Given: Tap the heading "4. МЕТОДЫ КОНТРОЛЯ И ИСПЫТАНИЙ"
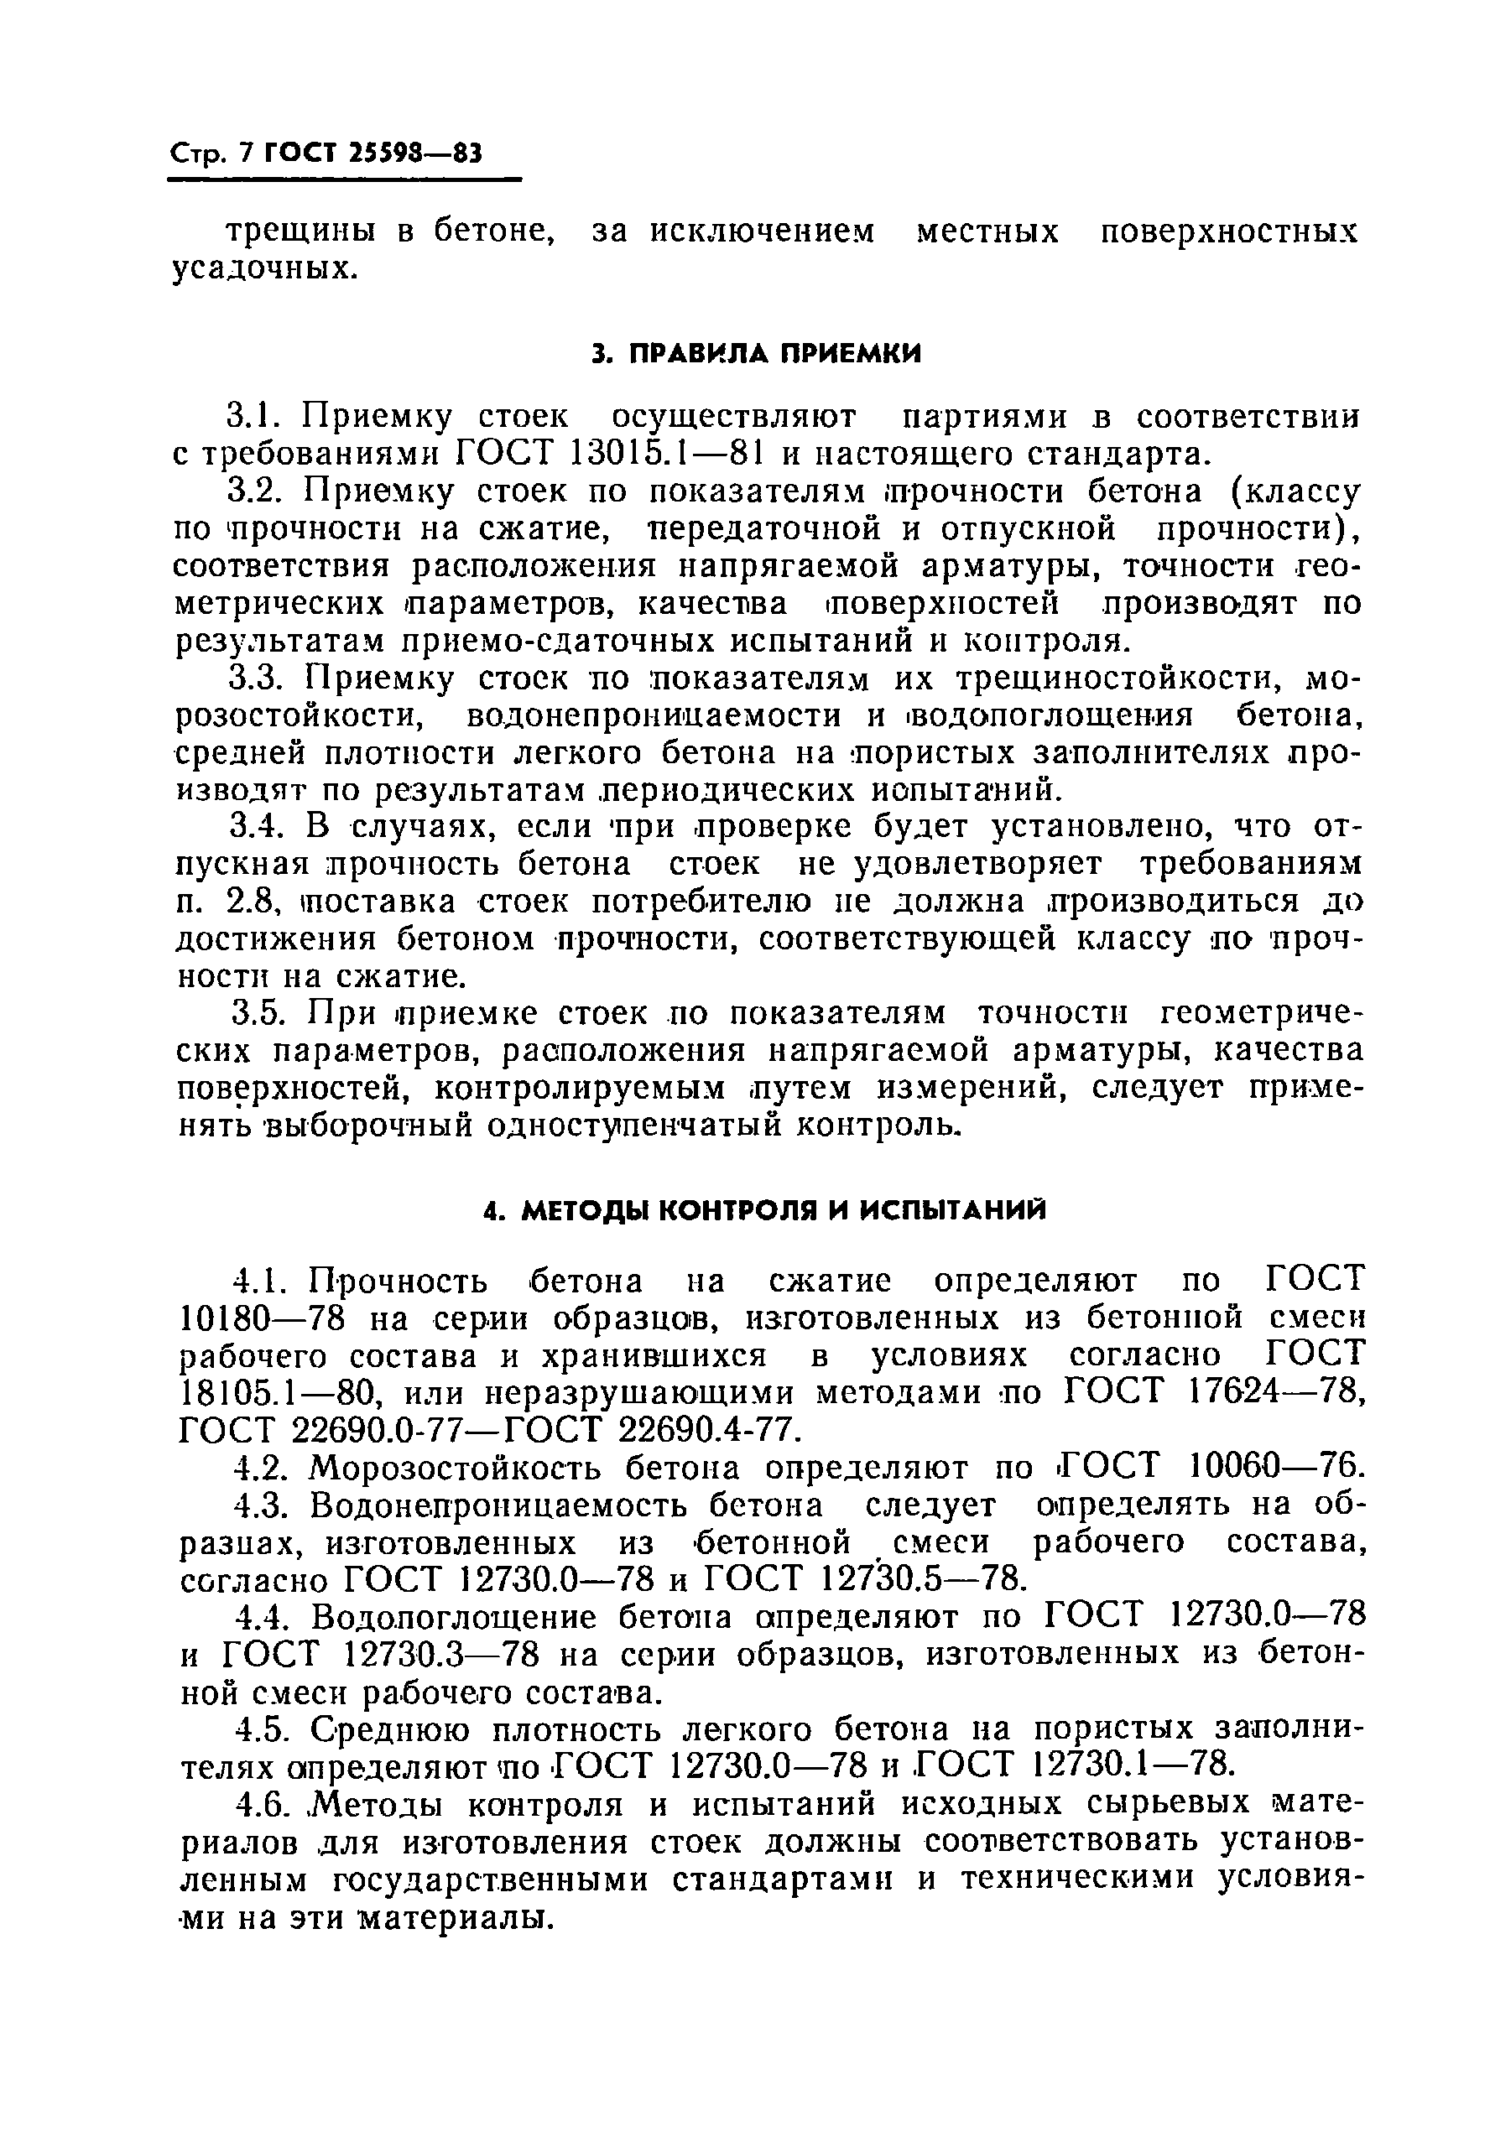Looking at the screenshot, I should pos(765,1211).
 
